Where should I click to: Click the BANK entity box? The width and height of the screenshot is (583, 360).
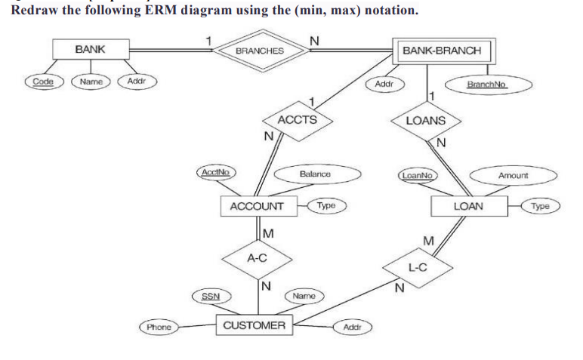pyautogui.click(x=90, y=49)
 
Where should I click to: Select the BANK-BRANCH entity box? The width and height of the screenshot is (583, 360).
pyautogui.click(x=441, y=51)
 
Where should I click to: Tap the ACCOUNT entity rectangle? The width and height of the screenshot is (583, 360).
pyautogui.click(x=258, y=206)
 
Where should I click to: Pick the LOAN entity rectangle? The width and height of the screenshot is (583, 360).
pyautogui.click(x=468, y=206)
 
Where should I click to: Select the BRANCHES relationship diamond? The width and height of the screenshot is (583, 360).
pyautogui.click(x=259, y=51)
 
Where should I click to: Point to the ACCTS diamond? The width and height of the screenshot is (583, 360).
pyautogui.click(x=297, y=120)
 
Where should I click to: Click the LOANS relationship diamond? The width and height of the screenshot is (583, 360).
pyautogui.click(x=426, y=121)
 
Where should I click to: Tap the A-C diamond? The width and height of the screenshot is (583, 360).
pyautogui.click(x=258, y=257)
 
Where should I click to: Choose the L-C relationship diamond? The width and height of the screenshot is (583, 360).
pyautogui.click(x=418, y=266)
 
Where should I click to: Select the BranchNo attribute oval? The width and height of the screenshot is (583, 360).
pyautogui.click(x=486, y=85)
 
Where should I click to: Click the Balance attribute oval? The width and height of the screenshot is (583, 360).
pyautogui.click(x=315, y=174)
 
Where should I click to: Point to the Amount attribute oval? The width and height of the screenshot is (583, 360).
pyautogui.click(x=513, y=175)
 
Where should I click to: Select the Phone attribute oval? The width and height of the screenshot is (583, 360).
pyautogui.click(x=159, y=328)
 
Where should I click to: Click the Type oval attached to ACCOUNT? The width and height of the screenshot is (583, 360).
pyautogui.click(x=326, y=205)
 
